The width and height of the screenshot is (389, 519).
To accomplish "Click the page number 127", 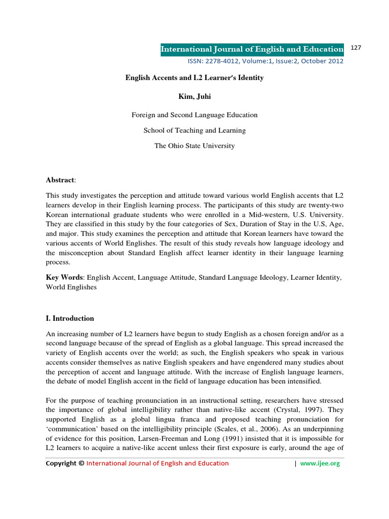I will point(356,48).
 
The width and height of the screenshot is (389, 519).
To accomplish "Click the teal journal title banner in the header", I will point(252,49).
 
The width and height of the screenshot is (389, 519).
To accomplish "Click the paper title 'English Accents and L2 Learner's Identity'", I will point(194,78).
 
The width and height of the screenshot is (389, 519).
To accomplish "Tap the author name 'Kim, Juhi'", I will point(194,96).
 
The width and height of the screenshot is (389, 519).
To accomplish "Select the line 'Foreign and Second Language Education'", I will point(194,115).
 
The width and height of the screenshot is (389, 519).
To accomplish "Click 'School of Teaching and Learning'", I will point(194,130).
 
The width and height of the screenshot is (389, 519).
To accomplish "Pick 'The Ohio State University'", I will point(194,145).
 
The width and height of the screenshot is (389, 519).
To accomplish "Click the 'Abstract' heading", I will point(60,180).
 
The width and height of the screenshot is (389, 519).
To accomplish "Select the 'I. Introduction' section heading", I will point(70,318).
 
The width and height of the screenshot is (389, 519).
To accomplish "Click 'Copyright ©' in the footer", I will point(65,463).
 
